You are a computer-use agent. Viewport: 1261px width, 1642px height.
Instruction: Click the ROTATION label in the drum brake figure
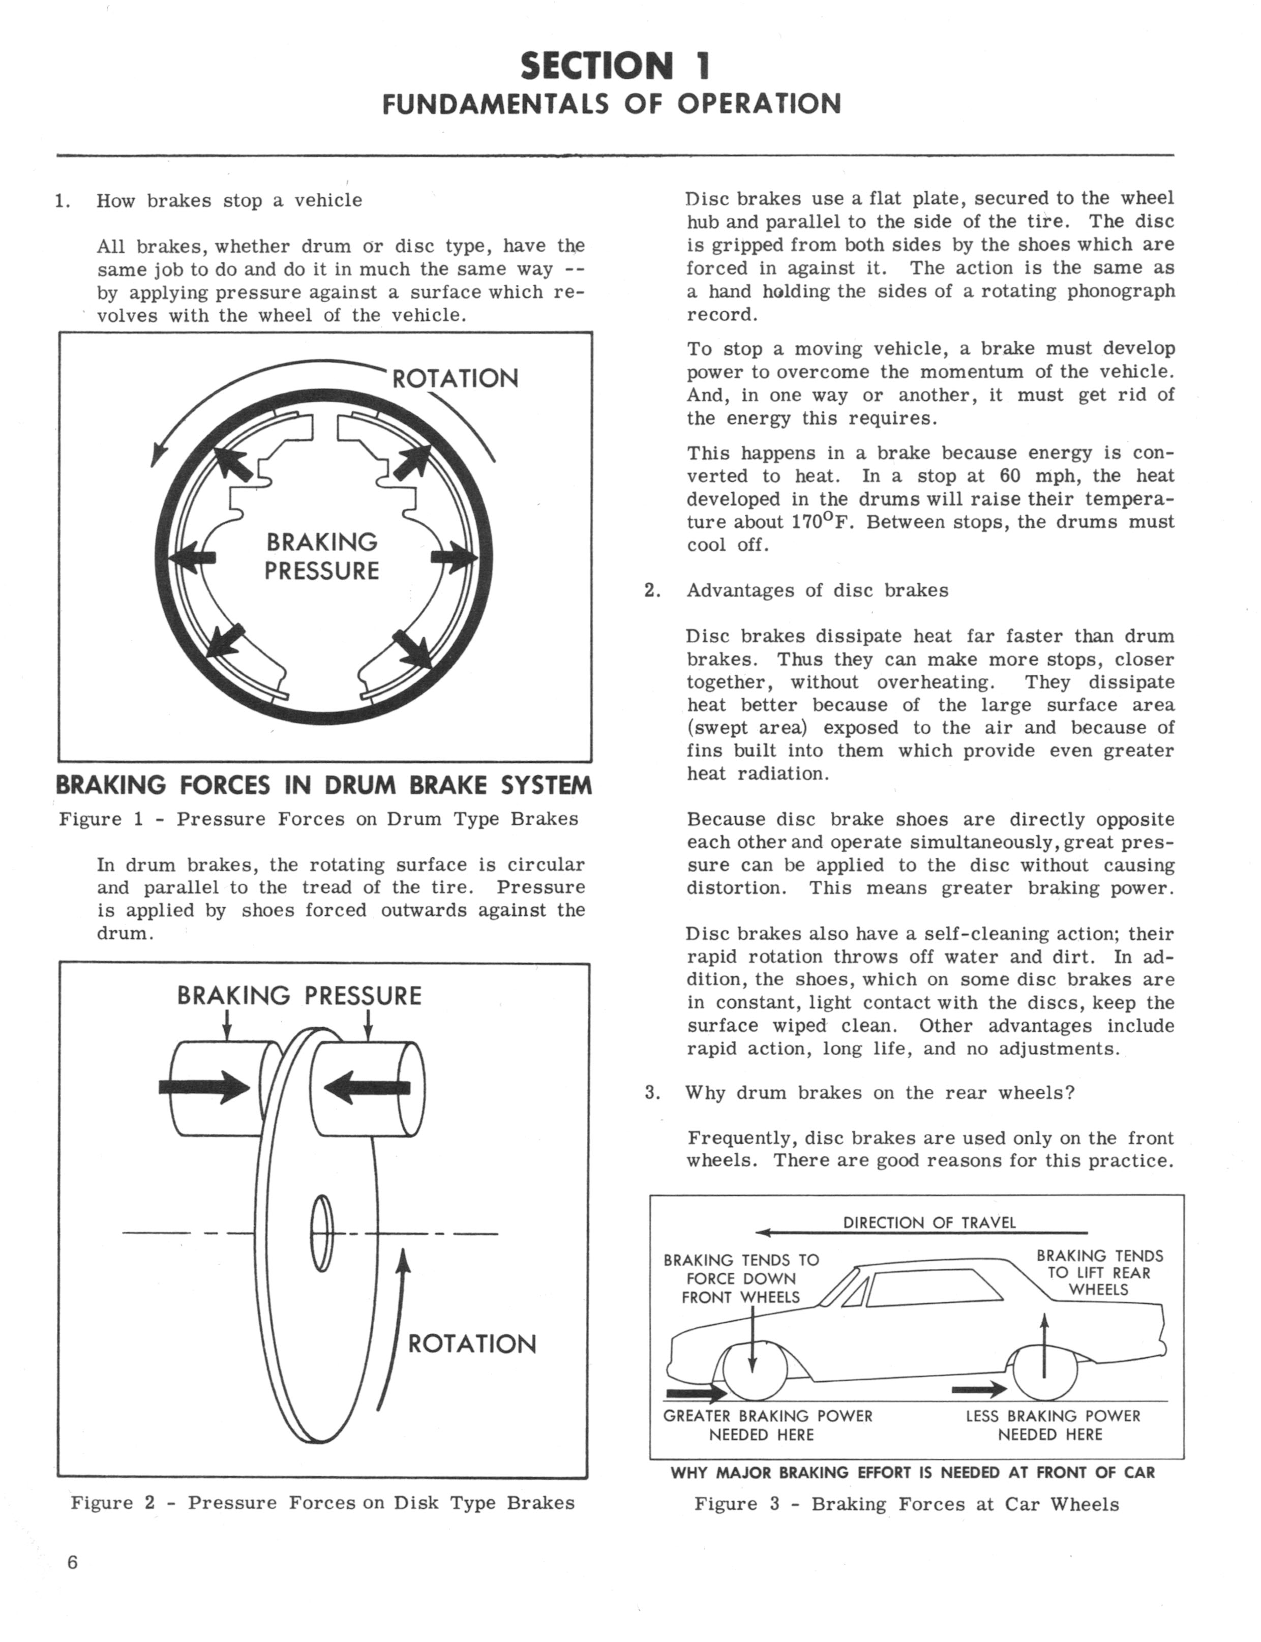455,377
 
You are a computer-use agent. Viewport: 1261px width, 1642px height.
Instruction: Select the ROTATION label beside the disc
471,1344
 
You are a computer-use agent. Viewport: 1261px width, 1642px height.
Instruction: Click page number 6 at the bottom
72,1563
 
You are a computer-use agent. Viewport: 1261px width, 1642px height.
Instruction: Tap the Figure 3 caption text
906,1505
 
